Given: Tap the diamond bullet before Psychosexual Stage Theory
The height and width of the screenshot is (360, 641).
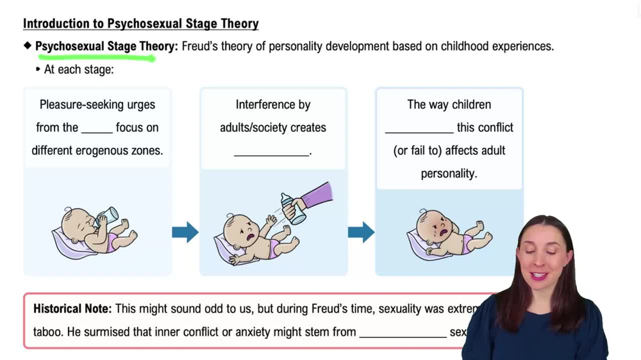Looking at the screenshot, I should (x=28, y=46).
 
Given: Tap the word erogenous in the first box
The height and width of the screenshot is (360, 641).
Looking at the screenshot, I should (x=109, y=151).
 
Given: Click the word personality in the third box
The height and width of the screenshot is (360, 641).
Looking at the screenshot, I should (x=449, y=174).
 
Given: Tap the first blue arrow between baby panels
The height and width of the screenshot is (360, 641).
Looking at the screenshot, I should (x=185, y=232).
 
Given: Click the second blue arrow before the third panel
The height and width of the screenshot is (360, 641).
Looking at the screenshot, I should (x=361, y=232).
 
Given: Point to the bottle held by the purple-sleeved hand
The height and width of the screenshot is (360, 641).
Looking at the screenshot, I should (x=293, y=208).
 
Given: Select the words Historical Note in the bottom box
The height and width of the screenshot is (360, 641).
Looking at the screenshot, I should (x=72, y=309).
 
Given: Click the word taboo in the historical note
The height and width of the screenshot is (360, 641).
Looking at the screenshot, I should (x=47, y=332).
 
